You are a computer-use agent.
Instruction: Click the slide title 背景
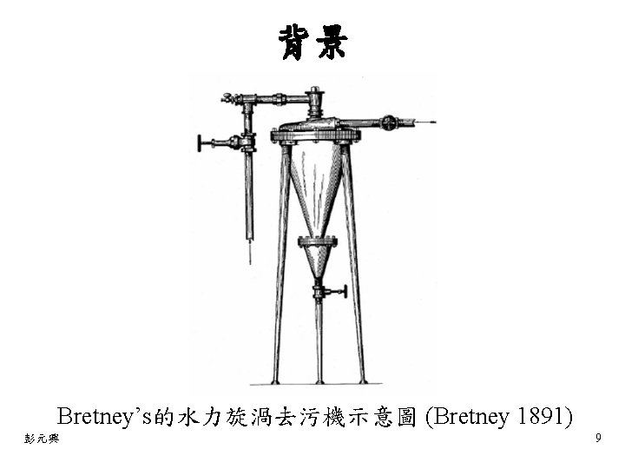pyautogui.click(x=312, y=41)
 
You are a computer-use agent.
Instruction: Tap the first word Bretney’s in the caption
pyautogui.click(x=104, y=417)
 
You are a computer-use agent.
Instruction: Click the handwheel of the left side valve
pyautogui.click(x=201, y=142)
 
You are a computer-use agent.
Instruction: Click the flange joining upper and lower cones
pyautogui.click(x=317, y=240)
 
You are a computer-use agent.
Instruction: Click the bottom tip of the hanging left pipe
pyautogui.click(x=250, y=259)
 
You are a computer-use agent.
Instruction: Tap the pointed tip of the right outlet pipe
pyautogui.click(x=431, y=123)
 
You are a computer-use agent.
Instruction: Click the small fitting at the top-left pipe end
pyautogui.click(x=227, y=98)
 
